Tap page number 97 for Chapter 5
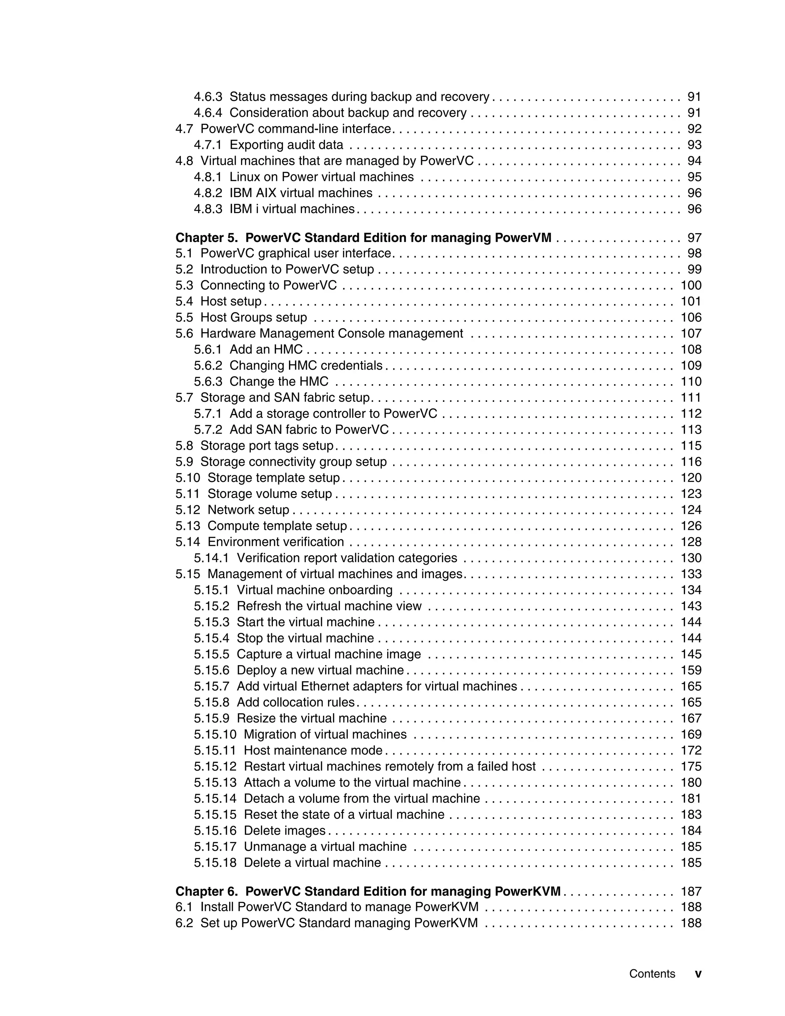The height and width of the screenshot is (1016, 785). tap(694, 238)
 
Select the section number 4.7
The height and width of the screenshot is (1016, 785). tap(184, 129)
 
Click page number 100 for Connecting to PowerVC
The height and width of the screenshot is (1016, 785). tap(691, 285)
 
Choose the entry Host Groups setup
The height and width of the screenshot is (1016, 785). tap(253, 317)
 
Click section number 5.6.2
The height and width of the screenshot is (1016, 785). tap(208, 366)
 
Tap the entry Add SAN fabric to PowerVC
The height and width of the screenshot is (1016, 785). tap(309, 429)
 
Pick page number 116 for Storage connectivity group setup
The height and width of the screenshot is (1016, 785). tap(691, 462)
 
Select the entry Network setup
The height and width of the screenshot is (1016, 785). tap(248, 510)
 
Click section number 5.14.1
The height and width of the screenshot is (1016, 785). tap(211, 558)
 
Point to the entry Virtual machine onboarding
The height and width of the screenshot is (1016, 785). tap(314, 590)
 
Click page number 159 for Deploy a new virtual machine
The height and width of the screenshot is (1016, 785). tap(691, 670)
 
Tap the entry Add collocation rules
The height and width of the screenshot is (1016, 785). tap(295, 702)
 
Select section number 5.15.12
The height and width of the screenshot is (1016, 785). tap(215, 766)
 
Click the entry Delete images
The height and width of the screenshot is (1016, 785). tap(285, 830)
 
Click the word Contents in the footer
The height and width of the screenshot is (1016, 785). tap(652, 974)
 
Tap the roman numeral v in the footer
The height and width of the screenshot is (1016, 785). tap(698, 974)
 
